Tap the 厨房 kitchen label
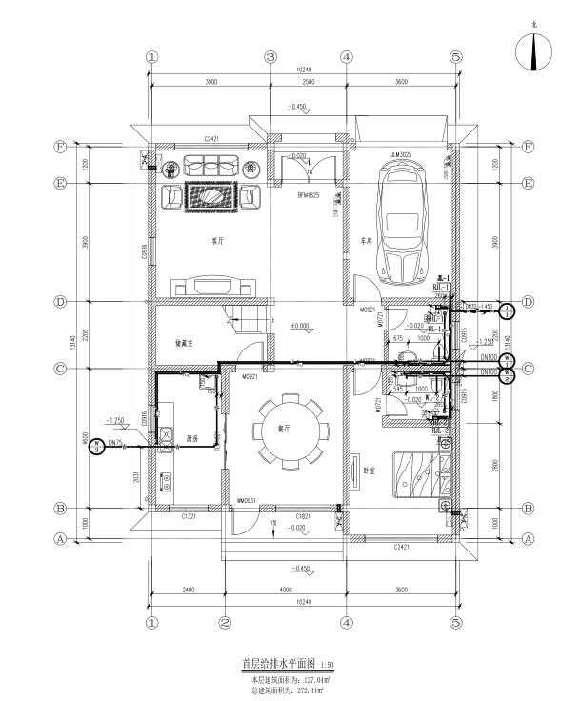192,439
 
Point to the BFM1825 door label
306,194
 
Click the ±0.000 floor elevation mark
301,326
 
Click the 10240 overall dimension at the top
301,70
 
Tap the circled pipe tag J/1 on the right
507,310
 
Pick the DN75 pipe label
115,442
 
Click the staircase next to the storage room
250,323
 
